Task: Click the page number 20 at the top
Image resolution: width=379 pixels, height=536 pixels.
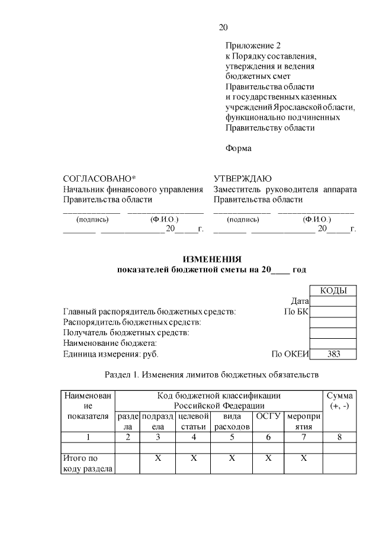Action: point(223,28)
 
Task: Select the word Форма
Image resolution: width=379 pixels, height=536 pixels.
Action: point(238,148)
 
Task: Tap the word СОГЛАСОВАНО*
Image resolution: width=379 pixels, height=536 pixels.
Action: point(99,179)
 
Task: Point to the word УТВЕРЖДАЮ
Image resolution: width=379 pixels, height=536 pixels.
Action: point(242,179)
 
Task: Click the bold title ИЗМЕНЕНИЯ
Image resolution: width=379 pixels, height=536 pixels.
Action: point(212,259)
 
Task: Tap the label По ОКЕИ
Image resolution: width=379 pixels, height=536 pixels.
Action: point(290,354)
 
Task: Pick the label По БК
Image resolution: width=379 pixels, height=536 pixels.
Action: point(297,312)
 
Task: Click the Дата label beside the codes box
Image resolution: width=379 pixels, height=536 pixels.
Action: point(301,301)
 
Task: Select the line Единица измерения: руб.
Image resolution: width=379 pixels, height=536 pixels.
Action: point(111,354)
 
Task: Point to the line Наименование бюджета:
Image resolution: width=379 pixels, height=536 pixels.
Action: point(110,344)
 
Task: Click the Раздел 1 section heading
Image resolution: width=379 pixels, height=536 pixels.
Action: point(211,374)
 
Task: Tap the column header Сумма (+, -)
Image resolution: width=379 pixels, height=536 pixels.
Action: point(339,400)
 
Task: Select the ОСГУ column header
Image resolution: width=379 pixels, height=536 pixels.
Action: point(268,416)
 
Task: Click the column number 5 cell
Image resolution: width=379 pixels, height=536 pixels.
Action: point(232,437)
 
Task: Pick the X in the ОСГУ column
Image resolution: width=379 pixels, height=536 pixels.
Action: point(268,458)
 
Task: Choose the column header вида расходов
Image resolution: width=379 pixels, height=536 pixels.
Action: point(232,421)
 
